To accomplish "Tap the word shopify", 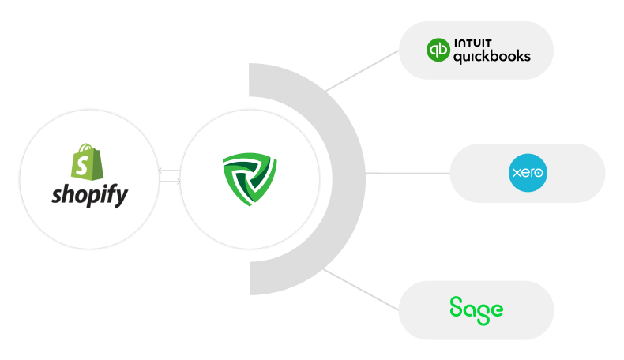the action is point(90,195).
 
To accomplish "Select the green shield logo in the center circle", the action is point(250,178).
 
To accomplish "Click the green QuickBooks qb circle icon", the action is point(438,50).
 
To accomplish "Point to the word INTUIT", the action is point(473,43).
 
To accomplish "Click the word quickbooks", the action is point(492,57).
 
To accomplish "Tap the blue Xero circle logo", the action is point(528,173).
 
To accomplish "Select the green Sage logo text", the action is point(476,310).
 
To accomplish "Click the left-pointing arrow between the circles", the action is point(169,171).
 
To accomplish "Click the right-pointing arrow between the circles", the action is point(170,182).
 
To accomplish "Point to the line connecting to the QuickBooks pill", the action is point(362,71).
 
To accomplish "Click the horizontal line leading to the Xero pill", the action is point(408,173).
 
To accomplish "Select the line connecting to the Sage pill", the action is point(360,289).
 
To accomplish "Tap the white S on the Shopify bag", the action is point(82,166).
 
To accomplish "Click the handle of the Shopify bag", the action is point(85,148).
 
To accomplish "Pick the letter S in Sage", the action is point(456,306).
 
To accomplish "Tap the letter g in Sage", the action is point(483,314).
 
